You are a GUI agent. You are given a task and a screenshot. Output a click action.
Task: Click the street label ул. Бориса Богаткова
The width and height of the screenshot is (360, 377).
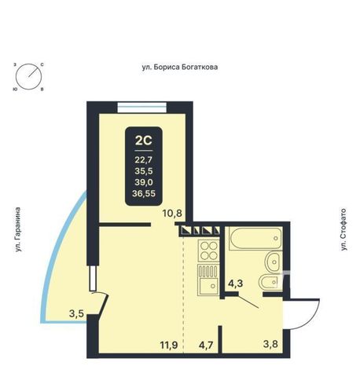coord(180,68)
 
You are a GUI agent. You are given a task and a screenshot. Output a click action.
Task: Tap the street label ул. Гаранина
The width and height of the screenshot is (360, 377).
coord(17,229)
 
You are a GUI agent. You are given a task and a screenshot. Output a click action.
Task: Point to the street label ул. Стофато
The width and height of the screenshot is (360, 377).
coord(343,229)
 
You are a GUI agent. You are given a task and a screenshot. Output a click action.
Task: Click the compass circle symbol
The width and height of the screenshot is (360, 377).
coord(28,77)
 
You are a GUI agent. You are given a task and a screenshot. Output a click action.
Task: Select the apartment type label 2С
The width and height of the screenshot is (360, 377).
coord(143,141)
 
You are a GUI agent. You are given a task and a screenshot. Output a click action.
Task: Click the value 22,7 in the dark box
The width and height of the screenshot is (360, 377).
coord(143,159)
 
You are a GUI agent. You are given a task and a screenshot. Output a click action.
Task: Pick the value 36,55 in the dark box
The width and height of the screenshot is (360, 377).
coord(144,193)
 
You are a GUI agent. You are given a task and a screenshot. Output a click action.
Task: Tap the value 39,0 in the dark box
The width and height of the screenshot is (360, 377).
coord(144,182)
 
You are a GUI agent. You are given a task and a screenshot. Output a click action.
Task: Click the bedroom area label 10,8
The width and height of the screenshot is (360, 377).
coord(172,214)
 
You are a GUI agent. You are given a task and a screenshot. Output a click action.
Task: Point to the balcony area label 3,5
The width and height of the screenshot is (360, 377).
coord(76,313)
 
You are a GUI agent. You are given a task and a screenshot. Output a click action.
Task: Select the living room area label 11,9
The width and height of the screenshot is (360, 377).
coord(169,345)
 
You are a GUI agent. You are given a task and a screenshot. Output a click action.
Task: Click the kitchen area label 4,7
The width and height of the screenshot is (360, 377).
coord(205,345)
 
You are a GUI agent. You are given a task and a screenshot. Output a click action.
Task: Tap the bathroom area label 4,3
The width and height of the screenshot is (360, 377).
coord(235,284)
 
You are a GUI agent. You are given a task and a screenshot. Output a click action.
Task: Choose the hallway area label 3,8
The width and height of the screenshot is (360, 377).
coord(270,344)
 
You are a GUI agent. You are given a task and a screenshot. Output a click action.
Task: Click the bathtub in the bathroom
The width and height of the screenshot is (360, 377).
coord(255,238)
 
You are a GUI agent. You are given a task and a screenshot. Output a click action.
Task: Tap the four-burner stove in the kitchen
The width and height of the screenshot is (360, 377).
coord(209,251)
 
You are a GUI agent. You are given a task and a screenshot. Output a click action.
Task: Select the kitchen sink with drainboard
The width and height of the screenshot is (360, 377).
coord(208,280)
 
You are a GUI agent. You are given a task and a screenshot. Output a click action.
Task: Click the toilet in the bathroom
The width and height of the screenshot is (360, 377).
coord(271,282)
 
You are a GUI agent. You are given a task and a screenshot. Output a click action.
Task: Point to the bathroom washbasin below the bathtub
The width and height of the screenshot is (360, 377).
coord(274,262)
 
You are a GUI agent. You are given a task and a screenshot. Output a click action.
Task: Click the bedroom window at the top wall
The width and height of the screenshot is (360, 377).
coord(142,108)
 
